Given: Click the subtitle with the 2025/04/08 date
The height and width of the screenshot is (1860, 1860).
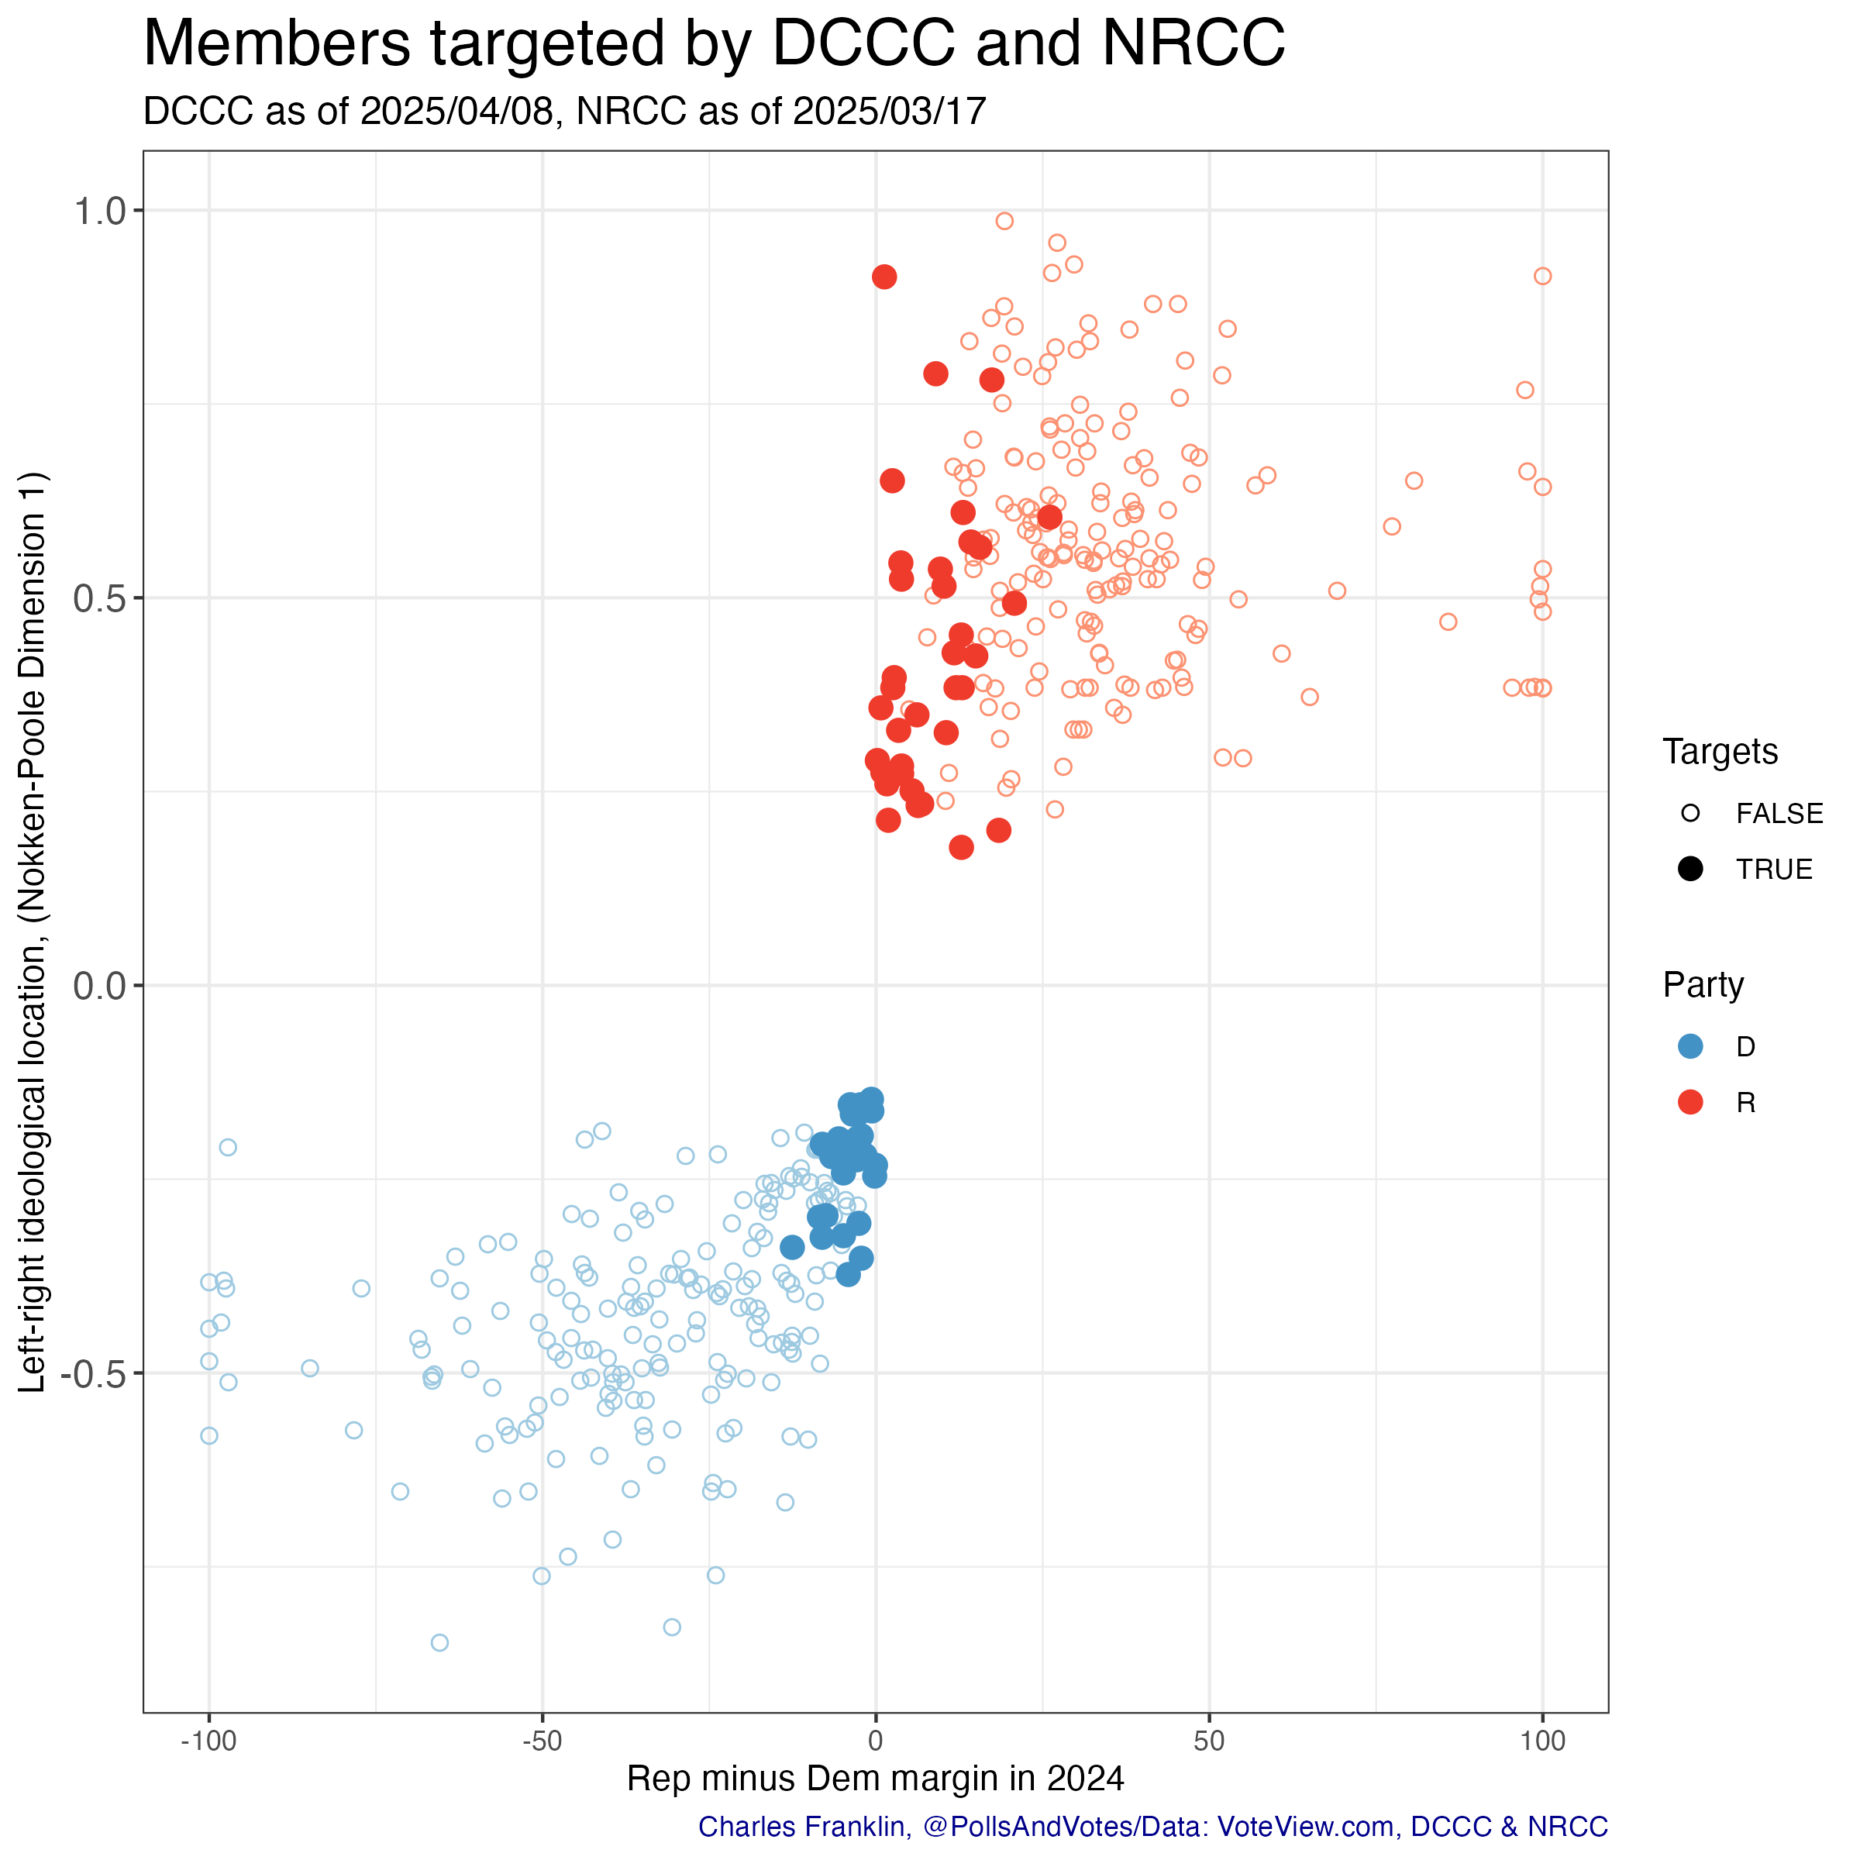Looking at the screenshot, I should (x=564, y=112).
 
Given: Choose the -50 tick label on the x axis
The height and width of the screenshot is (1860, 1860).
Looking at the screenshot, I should (x=542, y=1741).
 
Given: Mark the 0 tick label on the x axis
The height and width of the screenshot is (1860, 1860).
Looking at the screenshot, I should (x=875, y=1741).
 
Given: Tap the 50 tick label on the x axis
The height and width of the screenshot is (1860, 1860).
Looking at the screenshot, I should (x=1209, y=1741).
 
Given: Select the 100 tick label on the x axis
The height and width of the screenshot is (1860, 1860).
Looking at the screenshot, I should (x=1542, y=1741).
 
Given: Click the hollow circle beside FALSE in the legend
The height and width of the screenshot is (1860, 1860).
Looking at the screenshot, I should (x=1690, y=814).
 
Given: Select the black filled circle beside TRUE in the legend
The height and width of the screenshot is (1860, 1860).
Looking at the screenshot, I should (x=1690, y=870).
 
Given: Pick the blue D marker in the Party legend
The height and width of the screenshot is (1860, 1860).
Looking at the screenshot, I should (x=1690, y=1046).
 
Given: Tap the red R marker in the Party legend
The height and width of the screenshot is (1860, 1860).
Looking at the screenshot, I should (x=1690, y=1102).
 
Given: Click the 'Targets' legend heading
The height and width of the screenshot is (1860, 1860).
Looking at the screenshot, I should (x=1720, y=752).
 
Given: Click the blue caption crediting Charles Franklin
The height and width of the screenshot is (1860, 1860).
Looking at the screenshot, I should (x=1152, y=1827).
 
